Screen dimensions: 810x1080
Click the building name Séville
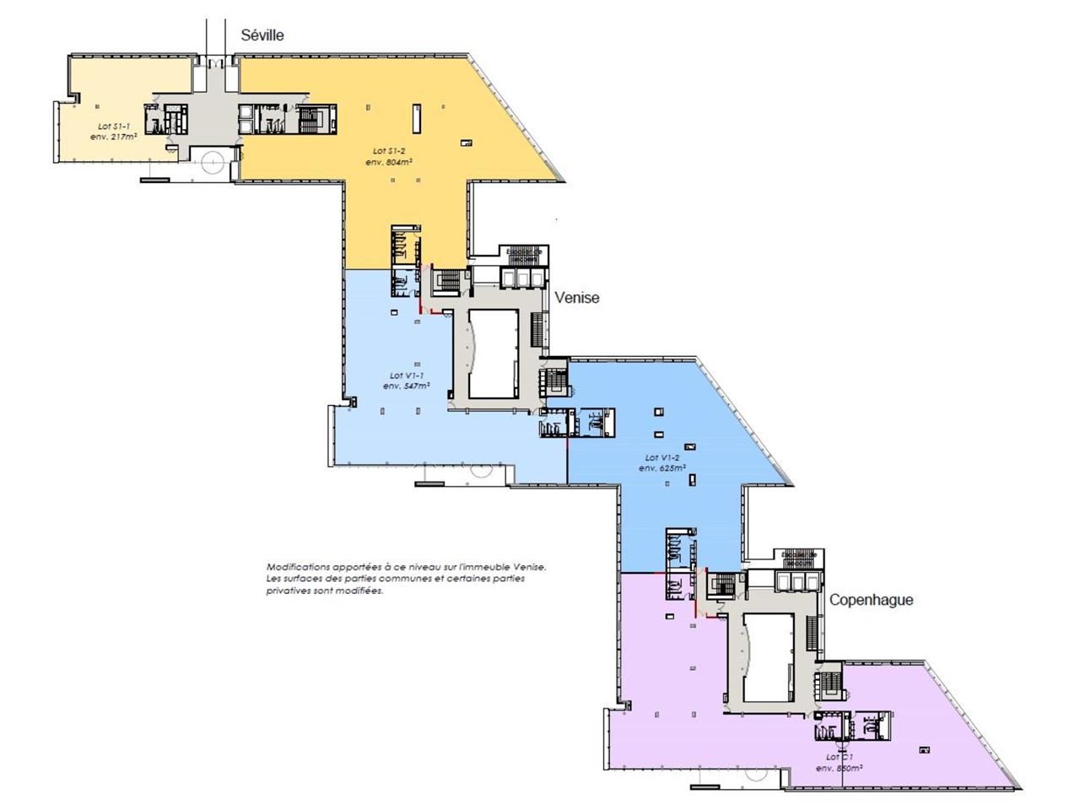click(262, 35)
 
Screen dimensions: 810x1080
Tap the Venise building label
click(577, 297)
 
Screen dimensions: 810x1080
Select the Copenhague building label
click(871, 600)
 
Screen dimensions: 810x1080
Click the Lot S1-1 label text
click(114, 126)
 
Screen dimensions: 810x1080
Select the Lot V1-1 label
click(407, 375)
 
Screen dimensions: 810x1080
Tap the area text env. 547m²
click(407, 386)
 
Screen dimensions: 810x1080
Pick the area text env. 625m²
click(662, 468)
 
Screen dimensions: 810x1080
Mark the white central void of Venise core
click(493, 353)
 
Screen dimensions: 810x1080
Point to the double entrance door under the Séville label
click(217, 61)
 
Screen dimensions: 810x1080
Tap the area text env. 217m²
click(114, 136)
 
